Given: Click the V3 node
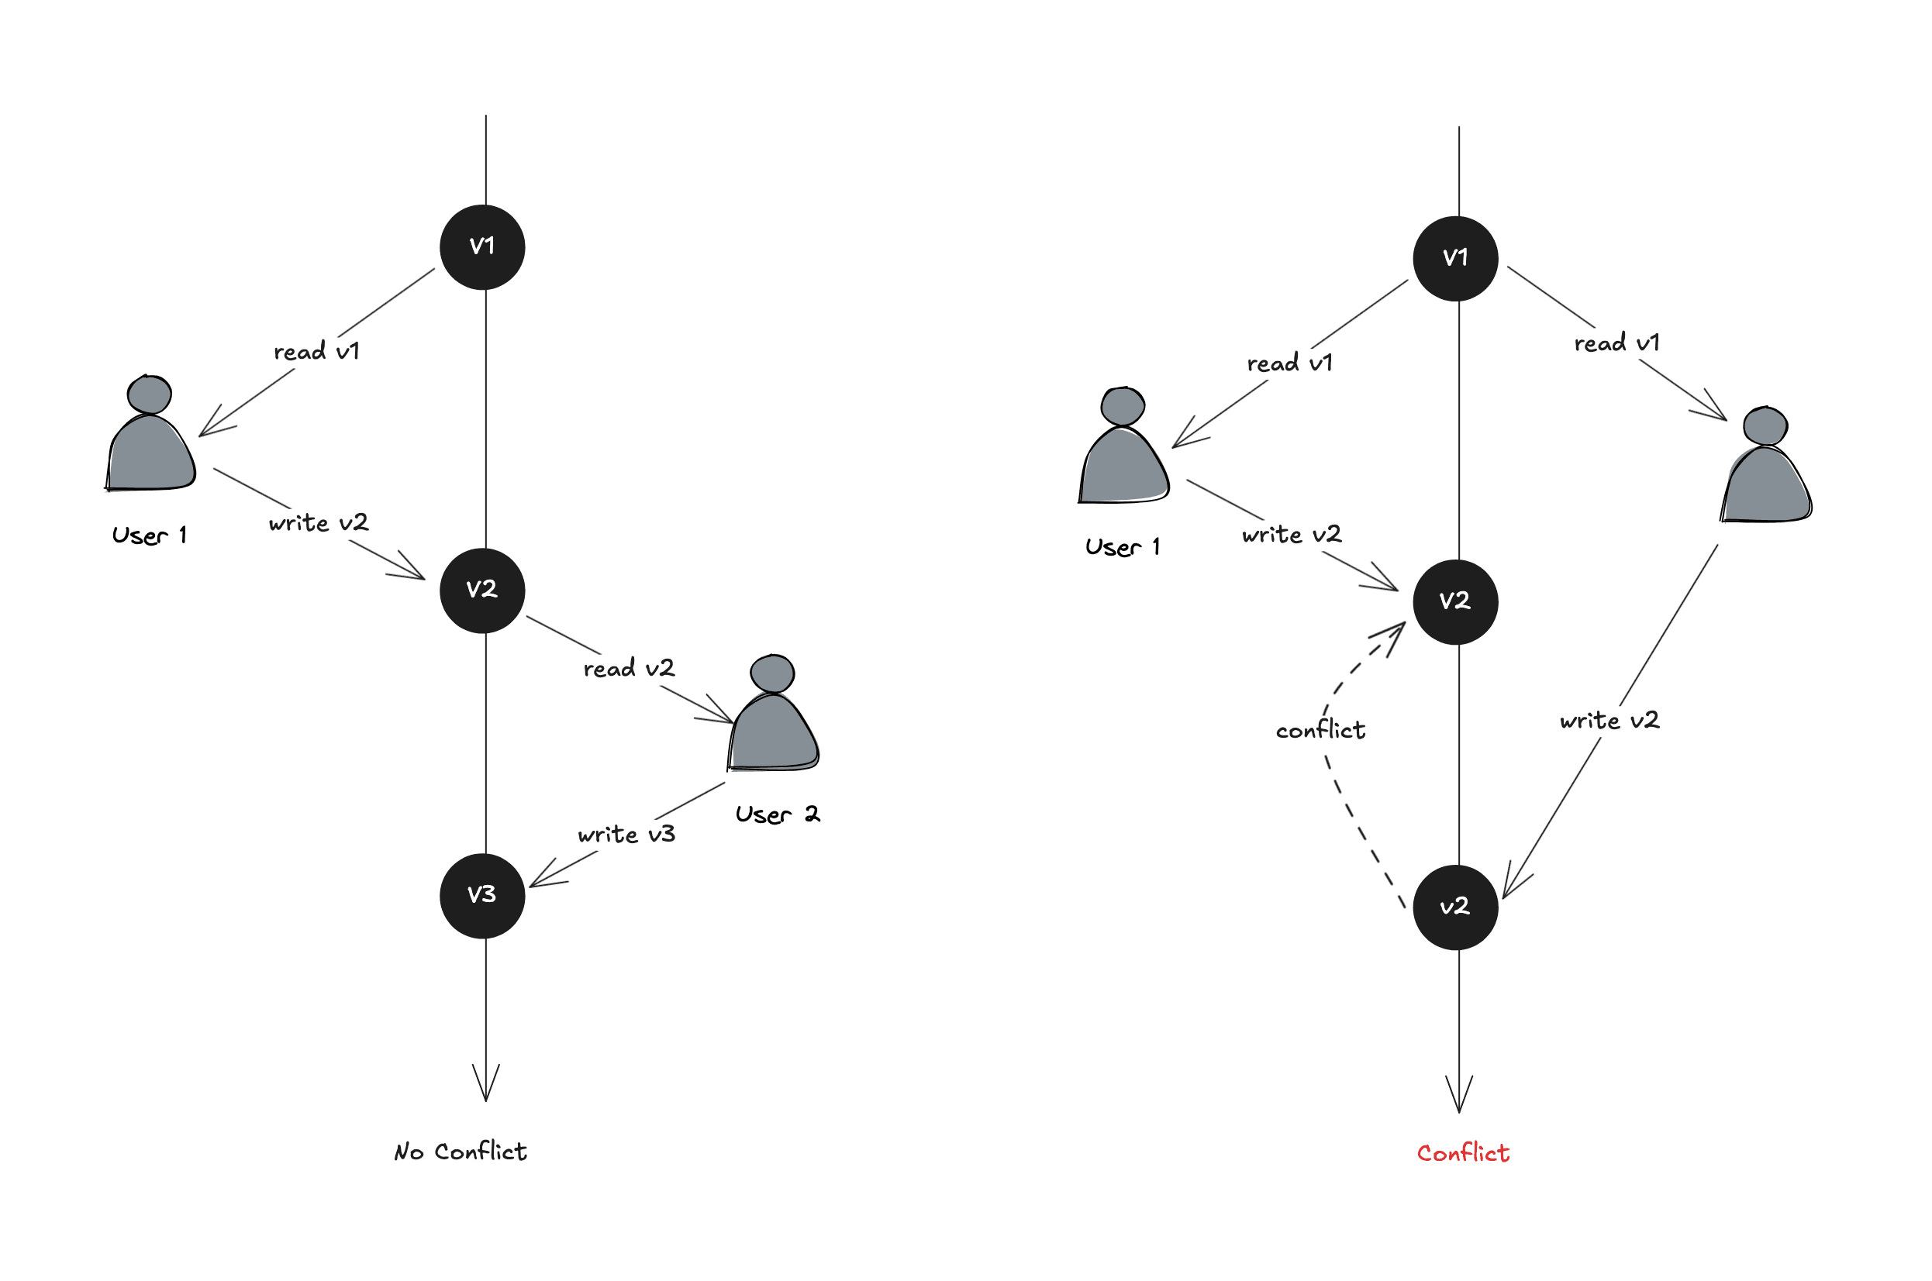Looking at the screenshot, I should [482, 895].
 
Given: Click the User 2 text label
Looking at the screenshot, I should [777, 814].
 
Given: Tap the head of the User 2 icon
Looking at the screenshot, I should [772, 674].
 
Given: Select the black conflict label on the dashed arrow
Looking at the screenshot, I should [1320, 729].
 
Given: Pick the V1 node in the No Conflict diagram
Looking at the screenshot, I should [482, 246].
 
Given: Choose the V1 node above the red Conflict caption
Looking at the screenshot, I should [1455, 258].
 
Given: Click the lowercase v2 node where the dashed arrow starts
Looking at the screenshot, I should [1455, 907].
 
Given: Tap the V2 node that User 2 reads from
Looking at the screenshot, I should [482, 590].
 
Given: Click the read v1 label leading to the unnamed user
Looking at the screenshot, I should [1616, 343].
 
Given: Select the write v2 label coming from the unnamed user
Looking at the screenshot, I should [1609, 721].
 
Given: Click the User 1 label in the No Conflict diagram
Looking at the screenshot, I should [150, 536].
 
